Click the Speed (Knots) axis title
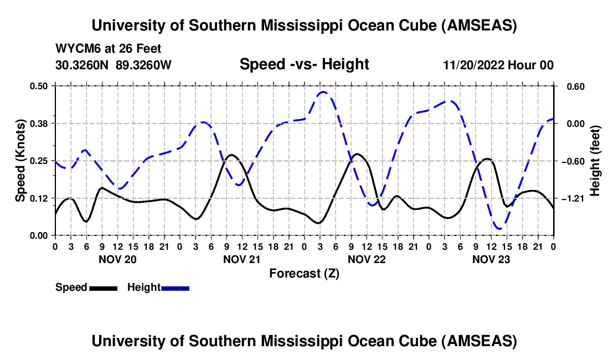click(20, 161)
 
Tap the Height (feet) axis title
click(596, 161)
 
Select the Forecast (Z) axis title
click(304, 273)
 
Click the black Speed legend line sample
click(103, 288)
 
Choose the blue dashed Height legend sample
click(176, 288)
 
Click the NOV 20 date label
click(117, 259)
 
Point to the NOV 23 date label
click(491, 259)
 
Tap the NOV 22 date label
click(367, 259)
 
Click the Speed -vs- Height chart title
click(304, 64)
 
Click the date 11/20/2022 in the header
click(474, 65)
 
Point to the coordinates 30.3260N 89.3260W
click(113, 65)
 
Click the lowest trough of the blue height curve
click(499, 228)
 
